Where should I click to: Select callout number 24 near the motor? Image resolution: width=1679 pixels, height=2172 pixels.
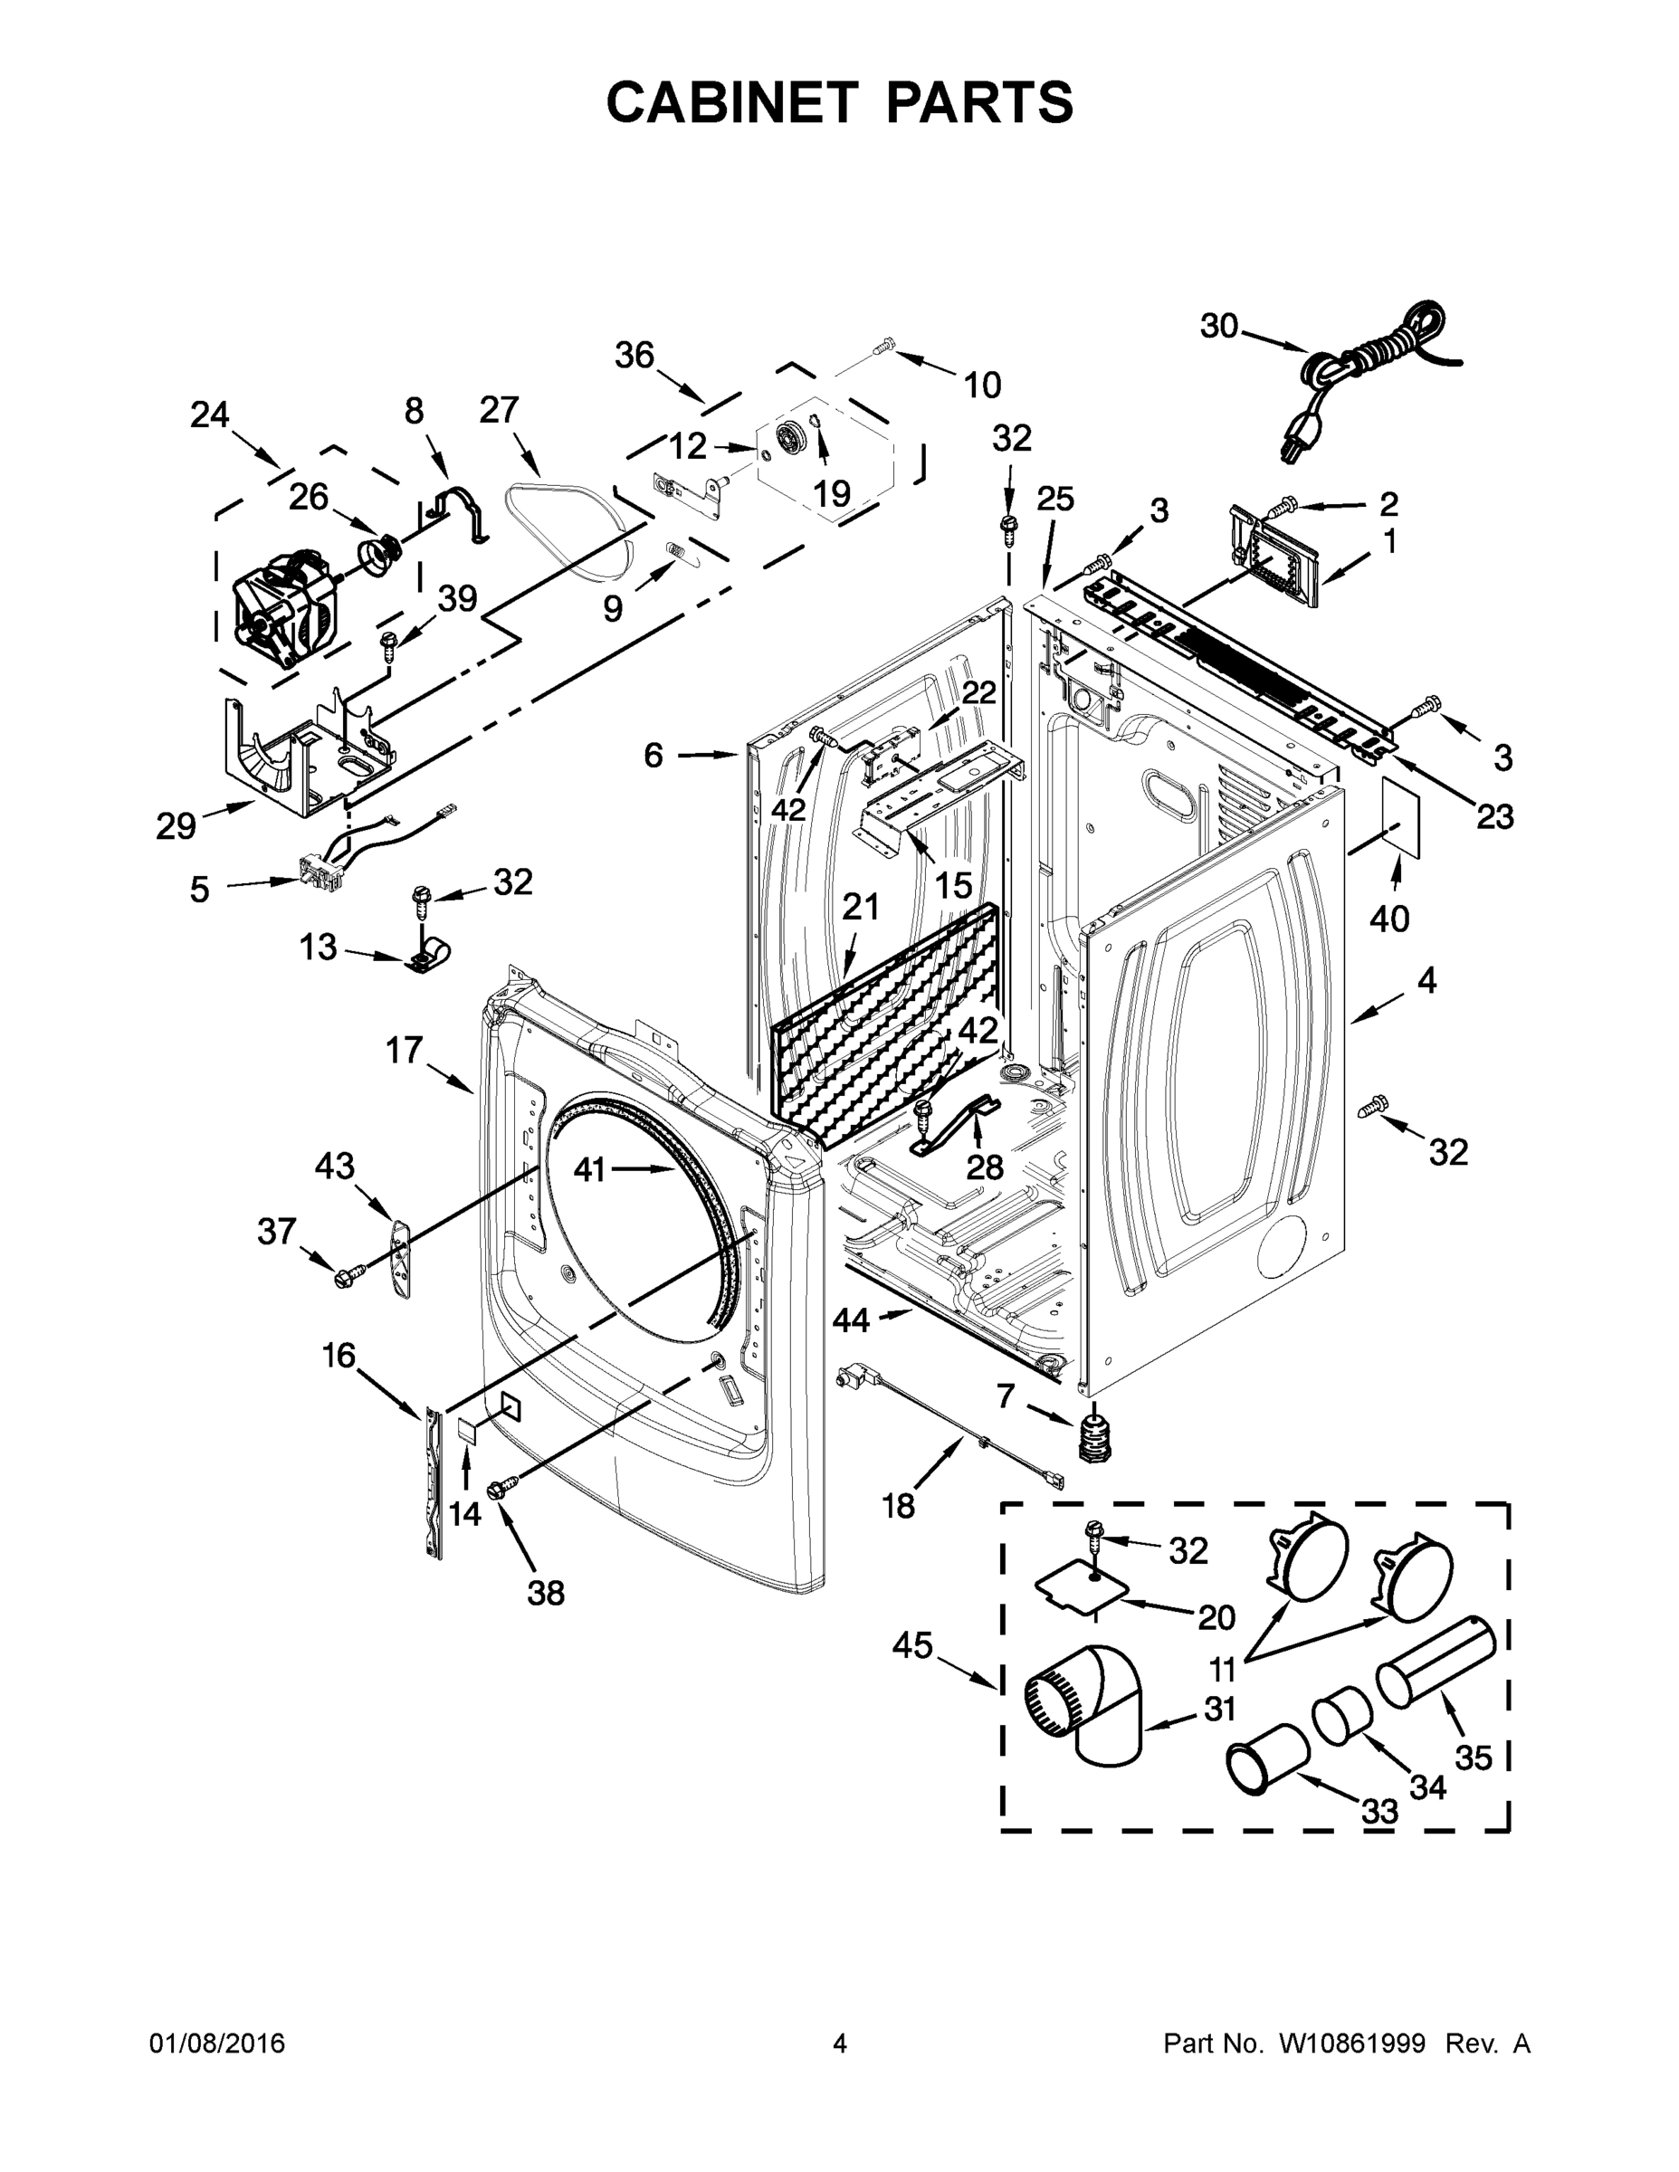[x=209, y=414]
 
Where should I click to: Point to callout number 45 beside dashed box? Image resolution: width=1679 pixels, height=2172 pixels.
[x=912, y=1646]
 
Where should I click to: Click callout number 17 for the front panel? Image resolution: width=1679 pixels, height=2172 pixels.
[x=405, y=1049]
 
